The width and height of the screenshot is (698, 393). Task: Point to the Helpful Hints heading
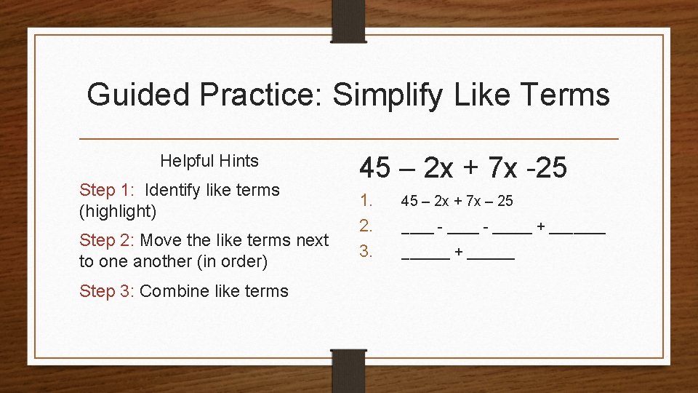pos(209,161)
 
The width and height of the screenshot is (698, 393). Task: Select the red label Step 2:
pos(108,240)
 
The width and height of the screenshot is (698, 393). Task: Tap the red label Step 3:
pos(108,291)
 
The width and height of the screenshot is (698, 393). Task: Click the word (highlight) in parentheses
pos(118,212)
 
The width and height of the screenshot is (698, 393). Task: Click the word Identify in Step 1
pos(175,190)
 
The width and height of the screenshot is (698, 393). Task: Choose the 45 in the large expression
pos(376,168)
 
